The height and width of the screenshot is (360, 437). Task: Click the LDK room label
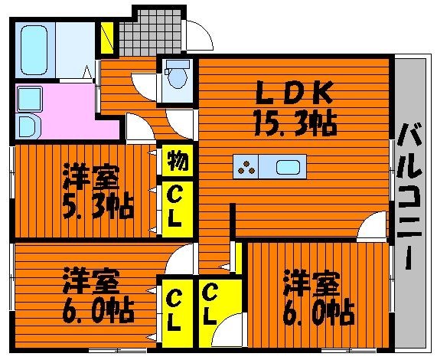294,92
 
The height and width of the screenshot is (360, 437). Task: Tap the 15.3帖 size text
295,123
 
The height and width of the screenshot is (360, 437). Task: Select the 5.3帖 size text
98,205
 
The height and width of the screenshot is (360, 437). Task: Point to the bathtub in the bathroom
34,51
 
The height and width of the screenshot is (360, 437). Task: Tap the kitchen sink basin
288,167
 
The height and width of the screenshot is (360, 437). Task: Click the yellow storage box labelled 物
178,161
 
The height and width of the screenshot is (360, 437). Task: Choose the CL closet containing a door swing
220,313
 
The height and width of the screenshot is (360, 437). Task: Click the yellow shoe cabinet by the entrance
107,38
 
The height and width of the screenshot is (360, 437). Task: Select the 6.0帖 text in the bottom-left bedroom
98,309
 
